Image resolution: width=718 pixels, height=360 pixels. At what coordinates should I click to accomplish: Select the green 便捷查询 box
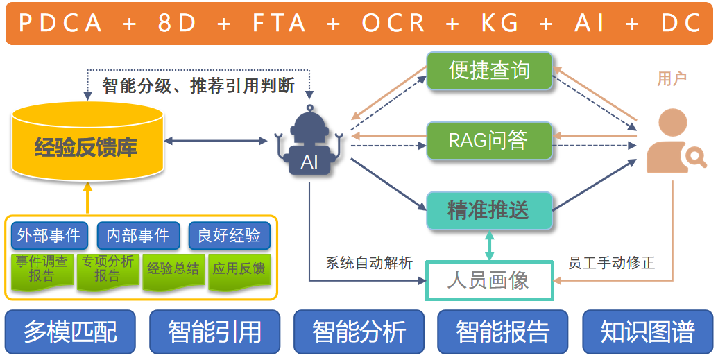(489, 71)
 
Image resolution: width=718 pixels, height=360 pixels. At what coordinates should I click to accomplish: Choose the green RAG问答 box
(489, 141)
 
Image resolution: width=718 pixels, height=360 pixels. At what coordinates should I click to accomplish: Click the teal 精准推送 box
(489, 210)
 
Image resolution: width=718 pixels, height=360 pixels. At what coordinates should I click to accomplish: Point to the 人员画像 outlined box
(489, 280)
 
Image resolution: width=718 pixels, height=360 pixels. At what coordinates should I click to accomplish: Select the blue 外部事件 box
(49, 236)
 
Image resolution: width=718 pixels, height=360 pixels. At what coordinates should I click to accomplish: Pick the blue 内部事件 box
(138, 236)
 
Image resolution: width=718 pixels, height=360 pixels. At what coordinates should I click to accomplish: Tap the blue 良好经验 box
(229, 236)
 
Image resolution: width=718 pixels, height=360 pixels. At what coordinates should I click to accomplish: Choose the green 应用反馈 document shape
(239, 270)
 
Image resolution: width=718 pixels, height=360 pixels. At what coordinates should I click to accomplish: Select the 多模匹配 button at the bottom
(71, 332)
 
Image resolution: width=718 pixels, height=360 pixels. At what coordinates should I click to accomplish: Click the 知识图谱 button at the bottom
(647, 332)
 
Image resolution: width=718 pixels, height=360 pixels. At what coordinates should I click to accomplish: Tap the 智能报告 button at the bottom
(503, 332)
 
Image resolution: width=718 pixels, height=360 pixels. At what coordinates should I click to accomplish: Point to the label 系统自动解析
(369, 264)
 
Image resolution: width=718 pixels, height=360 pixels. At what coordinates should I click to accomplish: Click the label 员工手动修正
(611, 264)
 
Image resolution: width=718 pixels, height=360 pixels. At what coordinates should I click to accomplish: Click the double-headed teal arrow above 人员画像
(489, 246)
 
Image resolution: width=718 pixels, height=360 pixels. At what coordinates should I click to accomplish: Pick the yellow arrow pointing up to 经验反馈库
(87, 197)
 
